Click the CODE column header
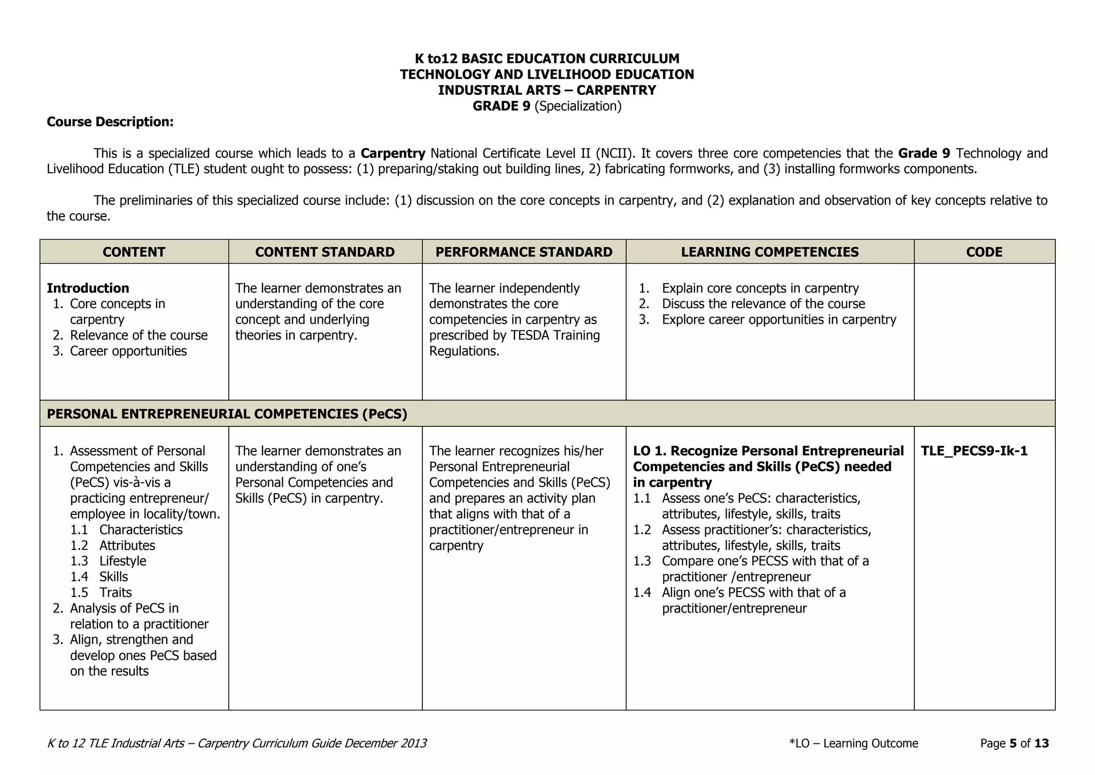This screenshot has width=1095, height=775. [984, 252]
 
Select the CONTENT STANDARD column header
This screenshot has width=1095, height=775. [325, 252]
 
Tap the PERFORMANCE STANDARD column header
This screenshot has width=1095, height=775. [523, 252]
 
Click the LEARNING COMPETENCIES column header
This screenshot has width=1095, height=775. [769, 252]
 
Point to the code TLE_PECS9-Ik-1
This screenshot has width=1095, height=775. [974, 451]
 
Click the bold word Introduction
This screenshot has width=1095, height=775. [88, 288]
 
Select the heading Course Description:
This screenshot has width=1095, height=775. [110, 122]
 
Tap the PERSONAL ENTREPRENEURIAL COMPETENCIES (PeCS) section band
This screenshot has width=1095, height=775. [227, 414]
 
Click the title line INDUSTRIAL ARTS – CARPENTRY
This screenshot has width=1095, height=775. [546, 90]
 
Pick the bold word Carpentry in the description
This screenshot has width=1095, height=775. [393, 154]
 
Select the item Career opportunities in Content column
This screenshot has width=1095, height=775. [128, 351]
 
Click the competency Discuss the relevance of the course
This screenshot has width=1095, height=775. [763, 304]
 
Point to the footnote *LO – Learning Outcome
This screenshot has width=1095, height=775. [853, 743]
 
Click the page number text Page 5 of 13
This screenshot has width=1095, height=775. [1014, 743]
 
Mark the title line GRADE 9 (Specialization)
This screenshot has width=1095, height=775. [546, 106]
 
